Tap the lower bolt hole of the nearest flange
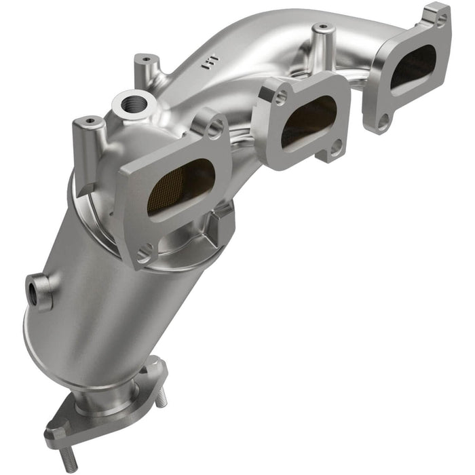point(144,255)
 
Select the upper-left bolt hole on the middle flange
point(280,98)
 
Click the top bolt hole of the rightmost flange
point(441,20)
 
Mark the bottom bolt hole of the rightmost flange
point(383,121)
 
